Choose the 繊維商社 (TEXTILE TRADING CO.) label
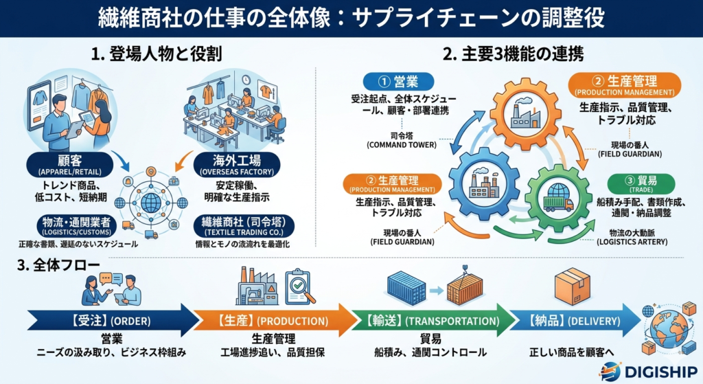[236, 224]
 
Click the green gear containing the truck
[557, 200]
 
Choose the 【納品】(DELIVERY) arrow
[577, 320]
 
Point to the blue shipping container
[410, 288]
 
